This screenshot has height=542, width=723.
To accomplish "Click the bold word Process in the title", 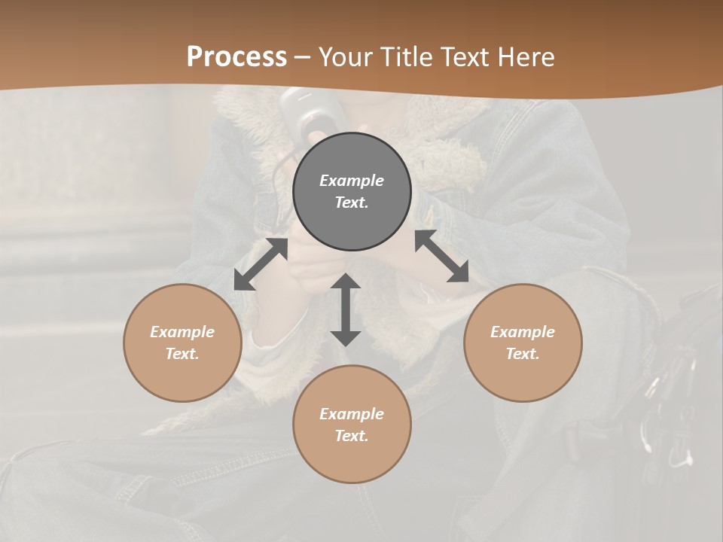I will tap(236, 57).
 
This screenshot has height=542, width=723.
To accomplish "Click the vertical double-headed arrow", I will tap(346, 309).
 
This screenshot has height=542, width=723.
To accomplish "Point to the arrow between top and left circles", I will tap(261, 264).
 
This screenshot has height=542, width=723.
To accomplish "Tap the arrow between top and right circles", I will tap(441, 257).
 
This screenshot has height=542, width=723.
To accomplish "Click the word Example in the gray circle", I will tap(352, 181).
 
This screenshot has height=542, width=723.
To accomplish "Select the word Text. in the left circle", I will tap(182, 354).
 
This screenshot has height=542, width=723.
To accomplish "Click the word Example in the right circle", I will tap(523, 332).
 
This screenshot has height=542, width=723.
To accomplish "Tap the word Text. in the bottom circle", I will tap(352, 436).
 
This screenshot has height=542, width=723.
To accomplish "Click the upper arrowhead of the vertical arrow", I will tap(346, 282).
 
